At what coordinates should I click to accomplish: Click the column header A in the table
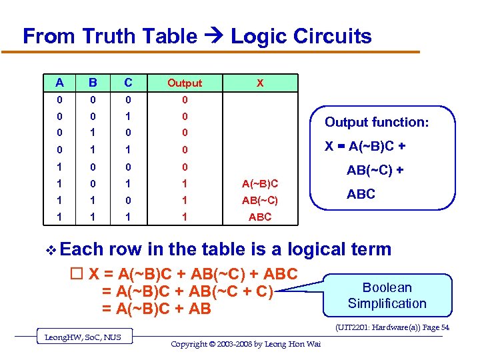coord(60,83)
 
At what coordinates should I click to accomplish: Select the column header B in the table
coord(94,83)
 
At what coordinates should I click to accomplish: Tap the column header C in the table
coord(128,83)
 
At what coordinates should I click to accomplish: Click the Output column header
coord(185,83)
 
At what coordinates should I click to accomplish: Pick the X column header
coord(260,83)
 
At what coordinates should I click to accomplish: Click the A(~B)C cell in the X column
coord(260,183)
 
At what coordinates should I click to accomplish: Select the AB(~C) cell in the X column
coord(260,200)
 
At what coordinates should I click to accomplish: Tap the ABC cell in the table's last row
coord(260,217)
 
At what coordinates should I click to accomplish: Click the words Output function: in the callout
coord(377,122)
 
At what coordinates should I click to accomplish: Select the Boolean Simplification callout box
coord(387,295)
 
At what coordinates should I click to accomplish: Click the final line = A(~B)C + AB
coord(156,309)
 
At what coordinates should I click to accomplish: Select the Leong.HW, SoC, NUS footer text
coord(83,337)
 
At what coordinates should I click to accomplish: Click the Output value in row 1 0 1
coord(185,183)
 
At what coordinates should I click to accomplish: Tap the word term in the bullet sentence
coord(367,249)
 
